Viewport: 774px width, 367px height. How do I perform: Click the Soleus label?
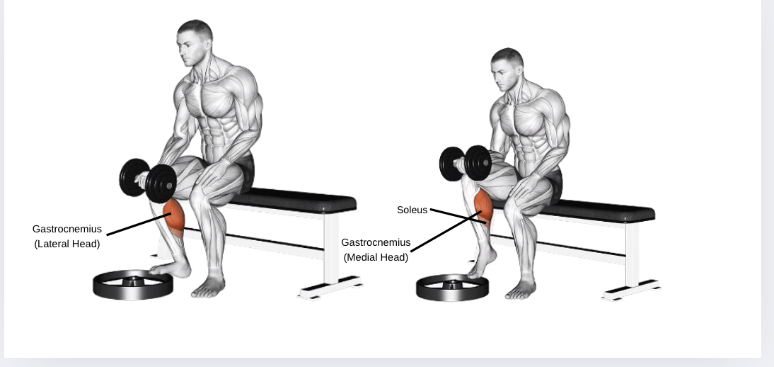(412, 210)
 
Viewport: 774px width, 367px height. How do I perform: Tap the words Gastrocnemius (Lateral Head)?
(67, 237)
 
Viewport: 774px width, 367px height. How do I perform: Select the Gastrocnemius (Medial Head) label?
(376, 250)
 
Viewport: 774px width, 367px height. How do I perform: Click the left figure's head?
(195, 42)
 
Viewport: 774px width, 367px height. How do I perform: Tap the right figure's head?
(507, 68)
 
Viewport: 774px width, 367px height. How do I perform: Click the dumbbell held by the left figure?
(148, 180)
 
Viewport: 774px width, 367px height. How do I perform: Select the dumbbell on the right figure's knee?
(465, 163)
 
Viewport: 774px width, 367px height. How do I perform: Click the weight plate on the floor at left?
(133, 284)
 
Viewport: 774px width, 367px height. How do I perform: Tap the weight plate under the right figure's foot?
(452, 288)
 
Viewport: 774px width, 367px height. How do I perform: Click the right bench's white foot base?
(631, 290)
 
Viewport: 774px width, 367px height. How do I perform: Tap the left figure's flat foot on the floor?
(208, 288)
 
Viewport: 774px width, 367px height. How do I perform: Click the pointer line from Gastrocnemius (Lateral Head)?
(139, 224)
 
